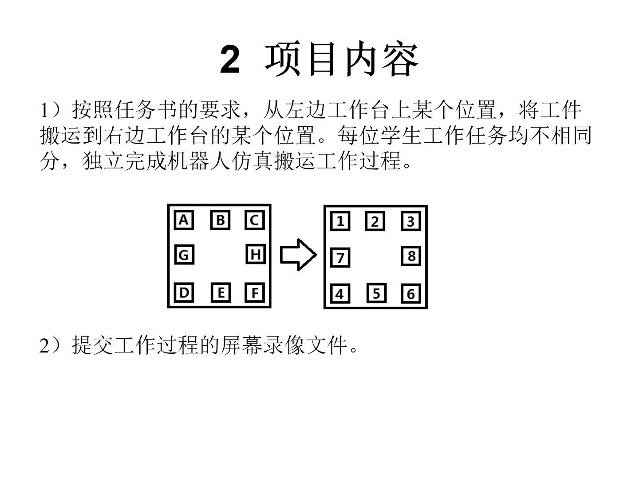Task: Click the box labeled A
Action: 184,220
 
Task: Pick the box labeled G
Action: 184,255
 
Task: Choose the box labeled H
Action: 256,255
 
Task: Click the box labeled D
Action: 184,292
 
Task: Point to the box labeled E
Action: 221,293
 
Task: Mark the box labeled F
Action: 255,293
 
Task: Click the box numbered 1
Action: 340,221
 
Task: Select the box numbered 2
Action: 375,221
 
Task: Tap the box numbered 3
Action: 411,221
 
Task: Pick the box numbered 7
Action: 340,258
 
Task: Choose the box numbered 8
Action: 411,256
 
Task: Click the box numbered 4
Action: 340,294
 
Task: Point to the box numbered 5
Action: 376,294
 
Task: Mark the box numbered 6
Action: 411,294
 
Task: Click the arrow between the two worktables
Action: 298,255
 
